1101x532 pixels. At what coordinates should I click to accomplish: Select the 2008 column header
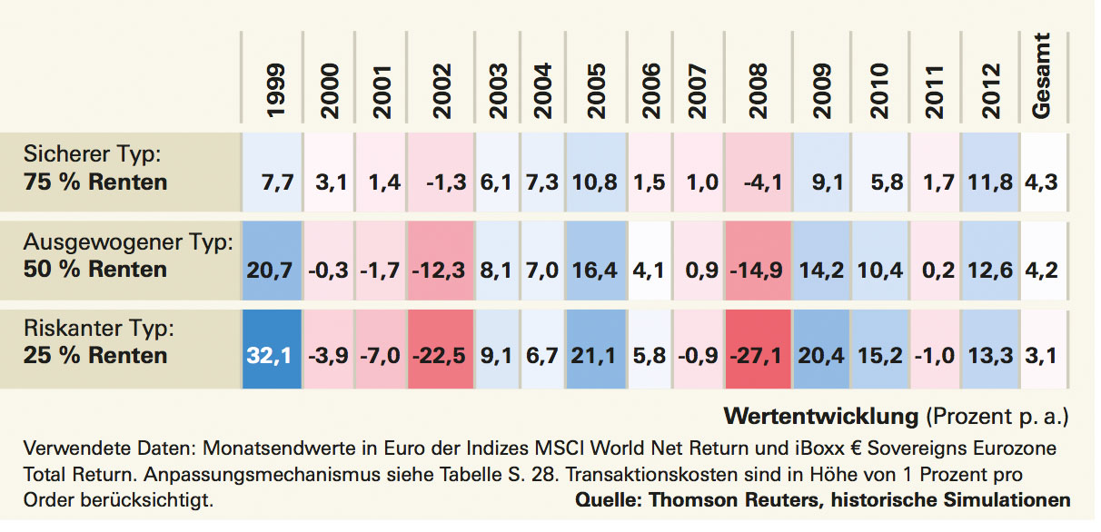pyautogui.click(x=759, y=91)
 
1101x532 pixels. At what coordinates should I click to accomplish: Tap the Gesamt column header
pyautogui.click(x=1043, y=76)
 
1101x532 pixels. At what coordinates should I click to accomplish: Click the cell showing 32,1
pyautogui.click(x=270, y=356)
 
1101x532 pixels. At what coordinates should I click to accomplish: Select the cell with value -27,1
pyautogui.click(x=758, y=356)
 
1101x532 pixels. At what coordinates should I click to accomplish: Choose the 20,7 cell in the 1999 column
pyautogui.click(x=270, y=269)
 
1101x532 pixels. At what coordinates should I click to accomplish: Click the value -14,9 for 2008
pyautogui.click(x=758, y=269)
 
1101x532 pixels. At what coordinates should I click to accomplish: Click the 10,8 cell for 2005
pyautogui.click(x=596, y=182)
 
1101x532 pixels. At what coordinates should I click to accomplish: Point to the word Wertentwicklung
pyautogui.click(x=821, y=417)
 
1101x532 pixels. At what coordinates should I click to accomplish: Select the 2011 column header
pyautogui.click(x=935, y=91)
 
